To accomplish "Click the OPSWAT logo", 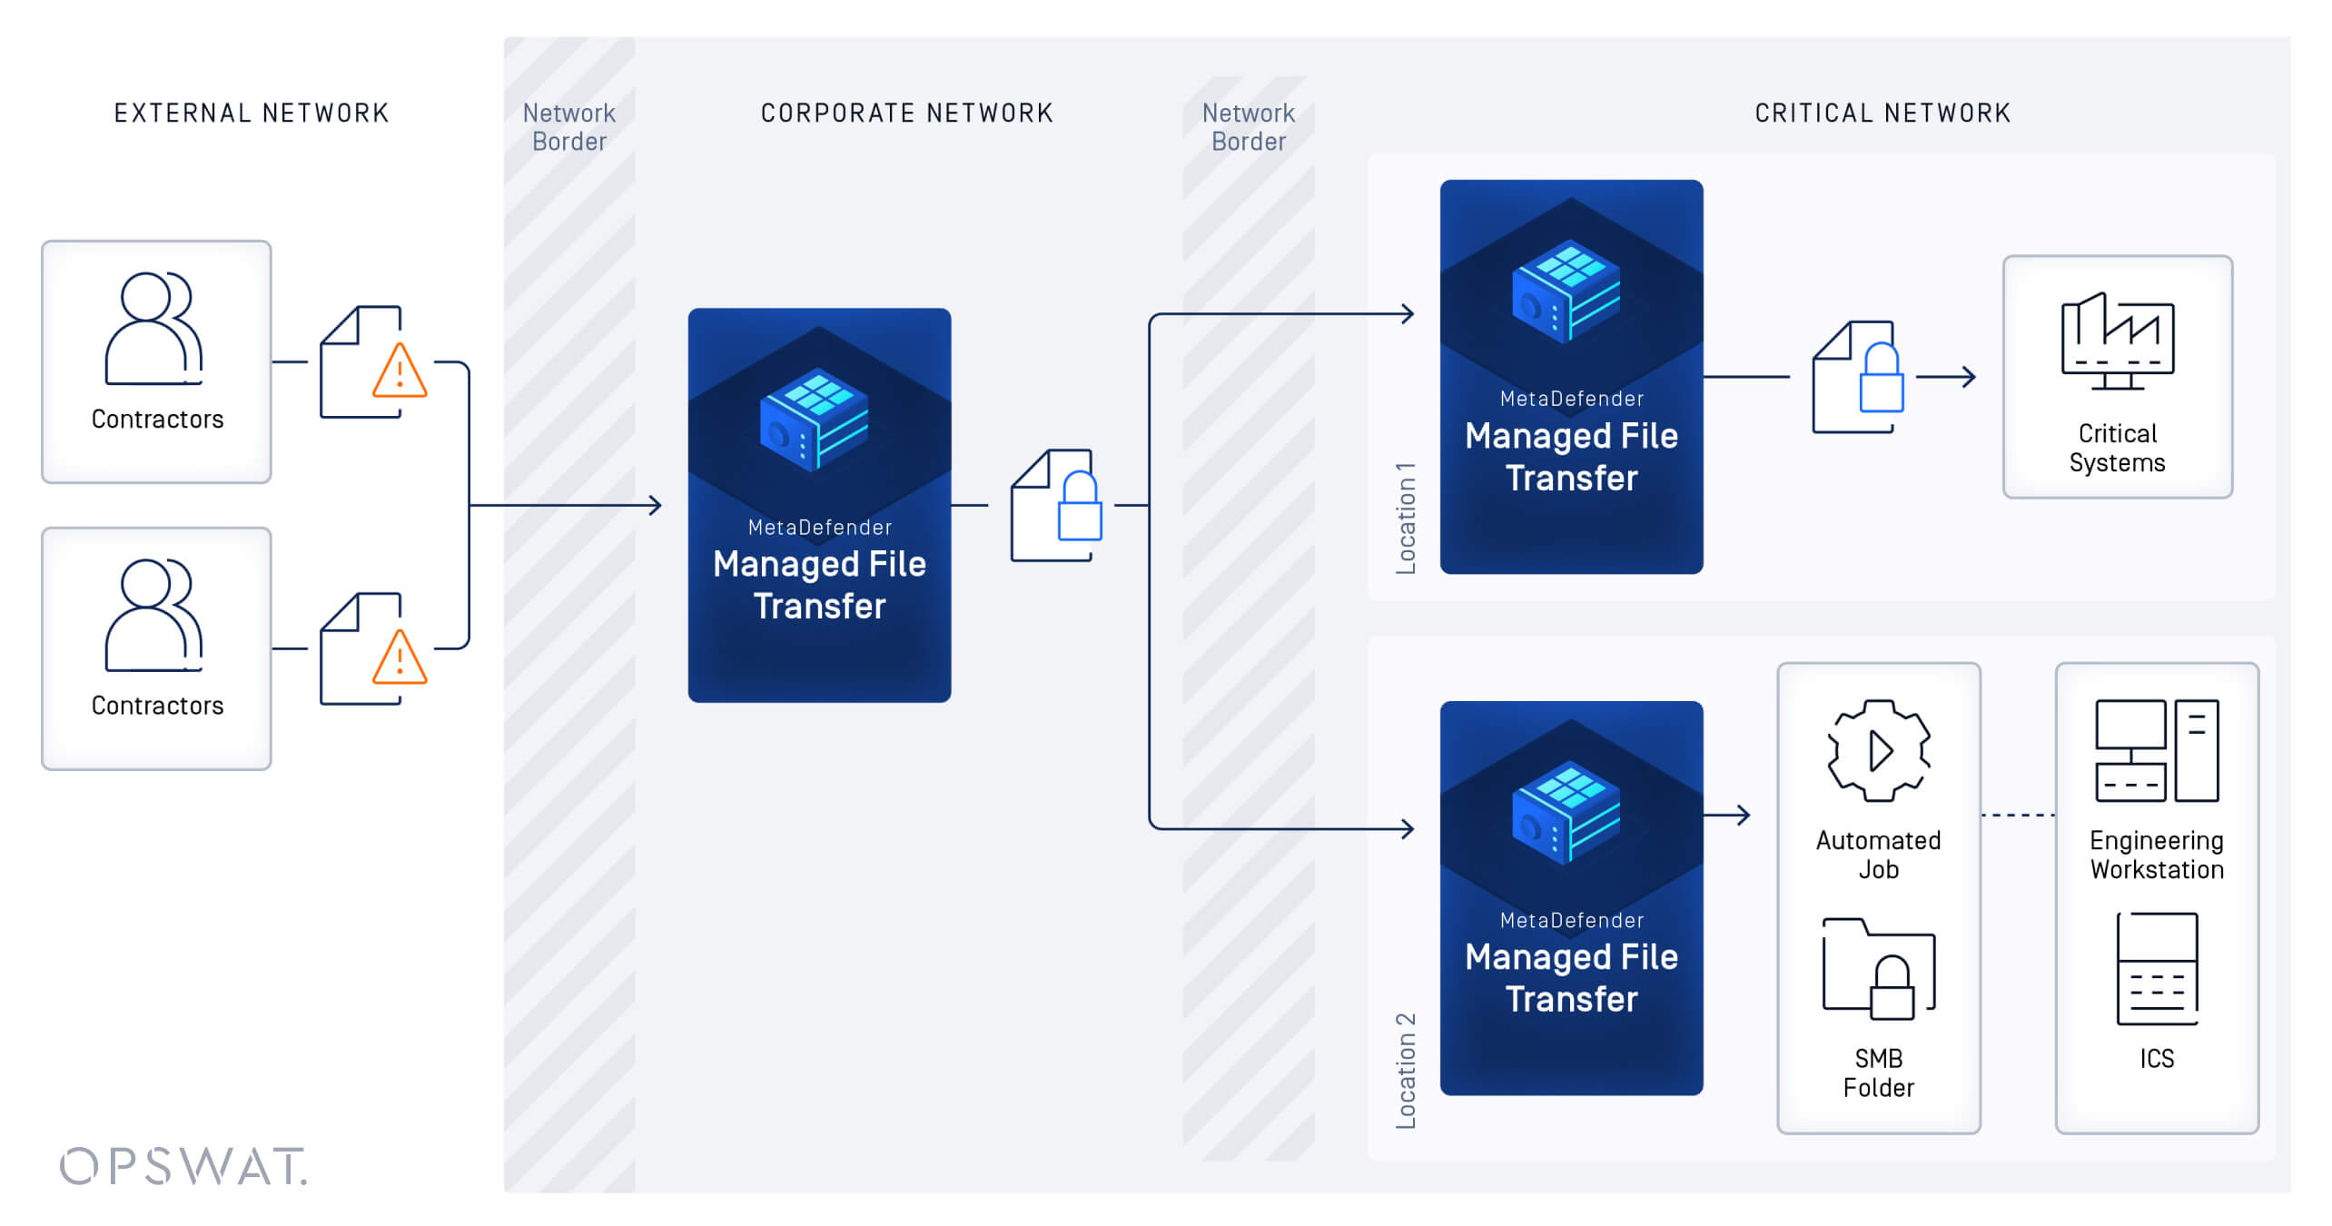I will [183, 1166].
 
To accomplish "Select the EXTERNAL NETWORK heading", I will [252, 114].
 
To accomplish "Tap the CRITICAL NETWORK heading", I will [1882, 114].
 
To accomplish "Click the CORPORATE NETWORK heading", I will [906, 114].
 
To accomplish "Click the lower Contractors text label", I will [157, 706].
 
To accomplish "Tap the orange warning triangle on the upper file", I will [400, 372].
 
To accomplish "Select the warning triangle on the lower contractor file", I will [400, 658].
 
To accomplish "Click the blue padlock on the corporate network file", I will [1080, 509].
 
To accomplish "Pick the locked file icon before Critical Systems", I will [1857, 378].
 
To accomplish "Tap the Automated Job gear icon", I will [1878, 750].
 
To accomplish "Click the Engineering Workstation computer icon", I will [2157, 750].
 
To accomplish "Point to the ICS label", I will [2157, 1059].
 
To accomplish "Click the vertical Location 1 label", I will [1406, 519].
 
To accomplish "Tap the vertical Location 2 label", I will [1406, 1071].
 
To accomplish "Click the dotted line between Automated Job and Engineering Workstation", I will [2018, 816].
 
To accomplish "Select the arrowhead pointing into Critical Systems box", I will [1968, 377].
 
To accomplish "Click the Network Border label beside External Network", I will [569, 127].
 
